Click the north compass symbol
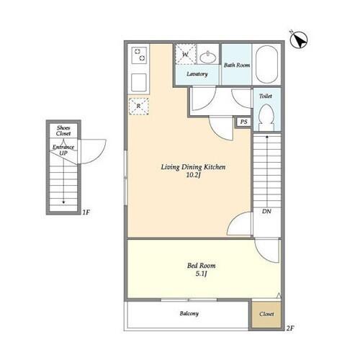[x=299, y=40]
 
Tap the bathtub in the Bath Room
[x=266, y=65]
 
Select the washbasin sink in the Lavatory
[x=208, y=57]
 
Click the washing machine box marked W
[x=186, y=54]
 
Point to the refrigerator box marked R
[x=139, y=106]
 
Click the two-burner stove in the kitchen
[x=140, y=55]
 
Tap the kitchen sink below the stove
[x=139, y=82]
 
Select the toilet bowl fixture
[x=266, y=117]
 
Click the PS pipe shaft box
[x=243, y=122]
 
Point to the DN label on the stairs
[x=266, y=211]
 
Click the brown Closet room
[x=266, y=314]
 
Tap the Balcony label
[x=189, y=313]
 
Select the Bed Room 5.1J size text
[x=201, y=274]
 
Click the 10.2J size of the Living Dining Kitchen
[x=193, y=175]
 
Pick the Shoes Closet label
[x=63, y=131]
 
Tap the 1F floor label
[x=86, y=212]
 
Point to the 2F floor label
[x=290, y=328]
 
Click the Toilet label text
[x=266, y=96]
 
